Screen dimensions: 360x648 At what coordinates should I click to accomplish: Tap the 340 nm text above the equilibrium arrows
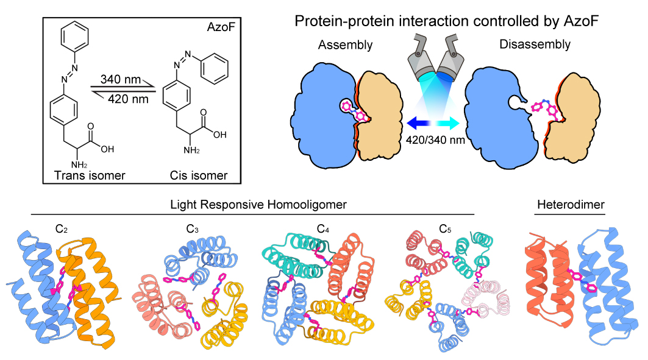click(122, 80)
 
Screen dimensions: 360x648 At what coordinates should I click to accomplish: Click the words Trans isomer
click(85, 176)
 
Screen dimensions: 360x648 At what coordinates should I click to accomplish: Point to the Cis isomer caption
click(198, 176)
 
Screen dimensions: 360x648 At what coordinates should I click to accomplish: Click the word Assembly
click(345, 45)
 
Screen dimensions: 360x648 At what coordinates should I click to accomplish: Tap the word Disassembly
click(535, 44)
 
